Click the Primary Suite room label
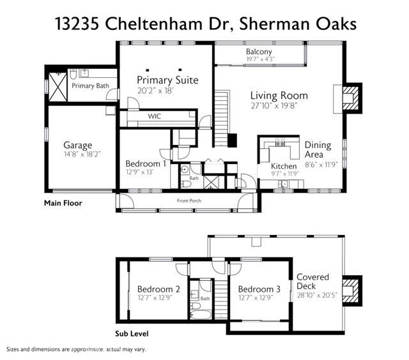point(167,80)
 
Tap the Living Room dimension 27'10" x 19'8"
point(274,106)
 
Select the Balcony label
point(259,52)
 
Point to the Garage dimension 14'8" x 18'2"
point(82,154)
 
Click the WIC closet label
point(155,116)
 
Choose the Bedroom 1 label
point(146,163)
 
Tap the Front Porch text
point(189,200)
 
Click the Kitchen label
point(284,166)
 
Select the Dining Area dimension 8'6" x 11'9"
point(321,165)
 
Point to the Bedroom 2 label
point(158,289)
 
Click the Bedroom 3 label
point(259,289)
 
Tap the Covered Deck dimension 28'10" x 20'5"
point(317,295)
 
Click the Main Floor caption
point(63,203)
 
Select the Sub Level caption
point(132,334)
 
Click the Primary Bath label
point(90,86)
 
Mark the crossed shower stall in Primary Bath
point(58,87)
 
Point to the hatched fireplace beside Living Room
point(351,98)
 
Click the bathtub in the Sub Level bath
point(200,315)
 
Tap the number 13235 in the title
point(77,24)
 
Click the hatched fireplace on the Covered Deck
point(351,290)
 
